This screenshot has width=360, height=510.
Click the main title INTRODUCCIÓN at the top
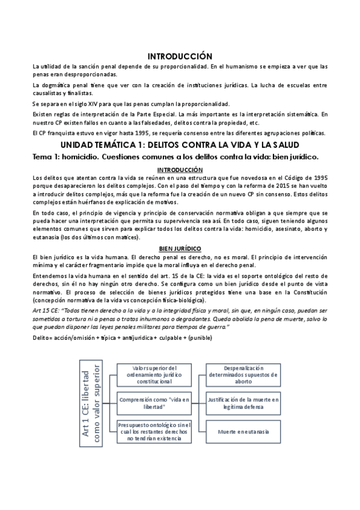click(x=180, y=54)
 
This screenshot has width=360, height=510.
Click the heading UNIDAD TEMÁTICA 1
click(x=180, y=146)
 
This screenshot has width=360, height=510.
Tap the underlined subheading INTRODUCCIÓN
click(x=180, y=170)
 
